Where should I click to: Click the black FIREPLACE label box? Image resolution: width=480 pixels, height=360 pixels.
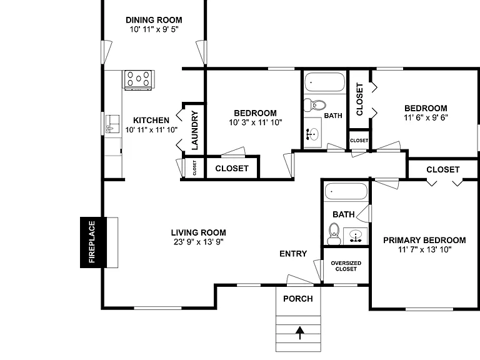click(93, 242)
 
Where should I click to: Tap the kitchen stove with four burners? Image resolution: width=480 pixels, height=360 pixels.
click(138, 79)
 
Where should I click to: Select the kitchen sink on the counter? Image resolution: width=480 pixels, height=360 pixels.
click(112, 124)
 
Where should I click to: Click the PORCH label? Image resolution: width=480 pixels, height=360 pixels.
click(298, 299)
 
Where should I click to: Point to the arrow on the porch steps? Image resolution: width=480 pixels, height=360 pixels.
click(300, 333)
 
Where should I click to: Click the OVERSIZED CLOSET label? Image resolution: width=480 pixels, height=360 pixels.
click(346, 266)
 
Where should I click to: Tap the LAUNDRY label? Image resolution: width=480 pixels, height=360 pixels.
click(195, 131)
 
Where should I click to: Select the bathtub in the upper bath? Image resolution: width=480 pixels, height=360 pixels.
click(325, 82)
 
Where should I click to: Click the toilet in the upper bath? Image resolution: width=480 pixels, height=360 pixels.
click(315, 106)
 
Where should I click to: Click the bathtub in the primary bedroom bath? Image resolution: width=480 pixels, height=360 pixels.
click(346, 191)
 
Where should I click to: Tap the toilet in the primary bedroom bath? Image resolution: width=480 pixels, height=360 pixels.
click(334, 234)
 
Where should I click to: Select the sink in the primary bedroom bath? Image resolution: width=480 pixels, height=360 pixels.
click(356, 236)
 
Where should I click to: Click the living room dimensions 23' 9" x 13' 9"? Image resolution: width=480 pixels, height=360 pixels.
click(199, 242)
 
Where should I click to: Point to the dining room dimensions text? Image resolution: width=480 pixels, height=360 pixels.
click(154, 29)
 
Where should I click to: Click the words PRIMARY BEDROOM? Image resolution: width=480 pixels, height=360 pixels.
click(424, 240)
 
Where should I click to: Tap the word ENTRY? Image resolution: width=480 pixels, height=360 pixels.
click(293, 254)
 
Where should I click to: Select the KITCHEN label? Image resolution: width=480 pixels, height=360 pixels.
click(151, 120)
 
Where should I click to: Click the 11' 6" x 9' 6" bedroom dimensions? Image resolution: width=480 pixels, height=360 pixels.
click(426, 117)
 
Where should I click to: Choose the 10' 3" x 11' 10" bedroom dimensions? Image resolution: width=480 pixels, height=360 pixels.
click(256, 122)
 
